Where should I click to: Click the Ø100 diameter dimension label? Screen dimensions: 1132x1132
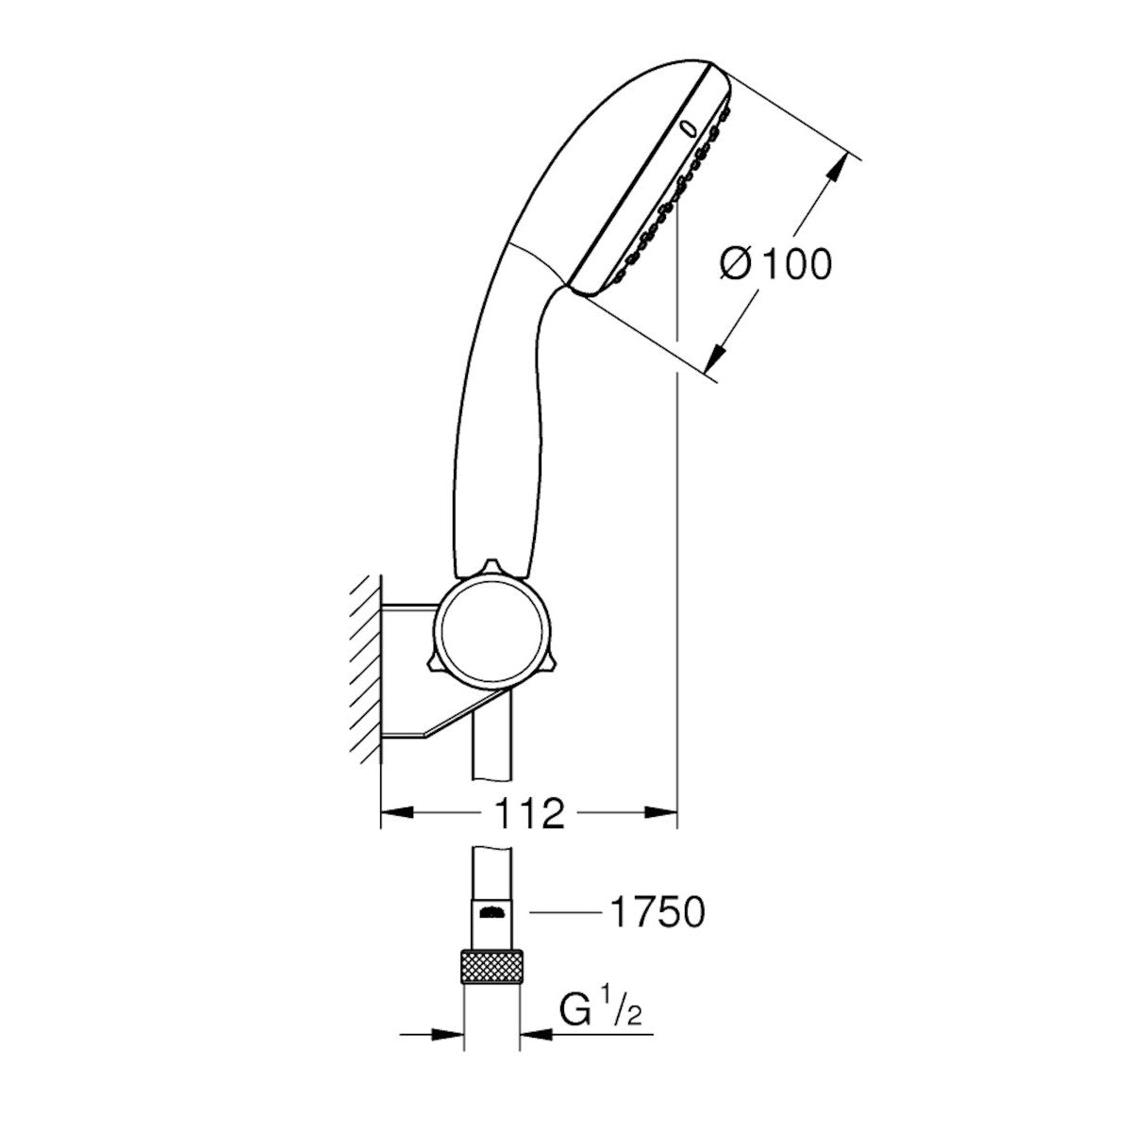pos(775,264)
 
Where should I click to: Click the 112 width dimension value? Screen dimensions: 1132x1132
pos(526,812)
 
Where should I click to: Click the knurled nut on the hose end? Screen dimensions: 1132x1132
pos(493,968)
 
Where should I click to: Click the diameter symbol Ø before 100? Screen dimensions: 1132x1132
pos(736,265)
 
